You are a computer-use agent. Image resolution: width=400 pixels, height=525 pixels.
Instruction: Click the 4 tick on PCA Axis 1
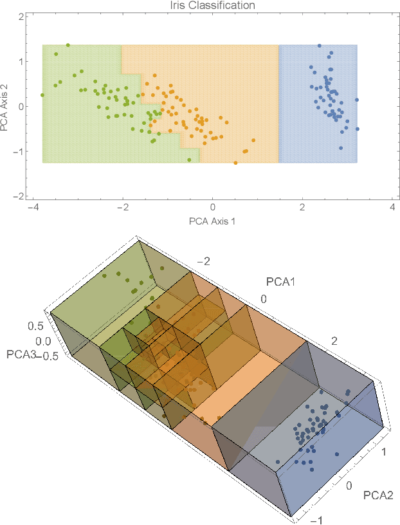pyautogui.click(x=392, y=208)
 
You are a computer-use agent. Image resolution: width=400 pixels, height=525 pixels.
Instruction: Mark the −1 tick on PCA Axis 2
pyautogui.click(x=19, y=151)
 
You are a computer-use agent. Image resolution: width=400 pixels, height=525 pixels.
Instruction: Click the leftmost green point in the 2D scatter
pyautogui.click(x=42, y=95)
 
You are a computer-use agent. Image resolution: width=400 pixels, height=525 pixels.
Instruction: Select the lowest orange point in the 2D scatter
pyautogui.click(x=235, y=163)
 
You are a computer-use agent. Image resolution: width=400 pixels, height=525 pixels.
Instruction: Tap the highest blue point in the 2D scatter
pyautogui.click(x=320, y=46)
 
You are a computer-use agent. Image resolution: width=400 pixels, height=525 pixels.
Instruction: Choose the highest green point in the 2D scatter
pyautogui.click(x=68, y=46)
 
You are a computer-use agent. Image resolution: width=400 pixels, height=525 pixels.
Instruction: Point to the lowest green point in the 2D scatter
pyautogui.click(x=189, y=160)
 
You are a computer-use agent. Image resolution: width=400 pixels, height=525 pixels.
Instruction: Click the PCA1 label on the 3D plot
pyautogui.click(x=280, y=281)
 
